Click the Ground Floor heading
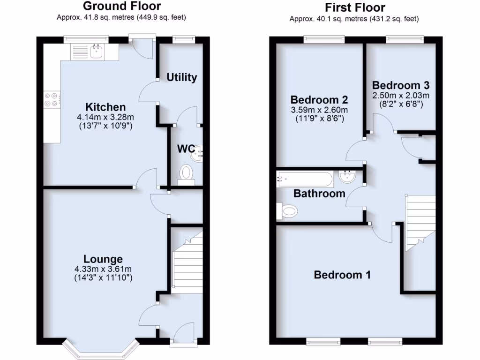click(122, 6)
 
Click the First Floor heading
click(354, 7)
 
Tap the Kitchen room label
click(105, 107)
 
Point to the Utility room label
click(182, 77)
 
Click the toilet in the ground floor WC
click(187, 174)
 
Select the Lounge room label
click(103, 259)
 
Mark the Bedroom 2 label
click(319, 100)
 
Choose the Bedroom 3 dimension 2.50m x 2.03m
click(401, 95)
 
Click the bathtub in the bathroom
click(305, 179)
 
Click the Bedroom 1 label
click(342, 275)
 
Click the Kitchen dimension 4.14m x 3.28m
click(105, 117)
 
